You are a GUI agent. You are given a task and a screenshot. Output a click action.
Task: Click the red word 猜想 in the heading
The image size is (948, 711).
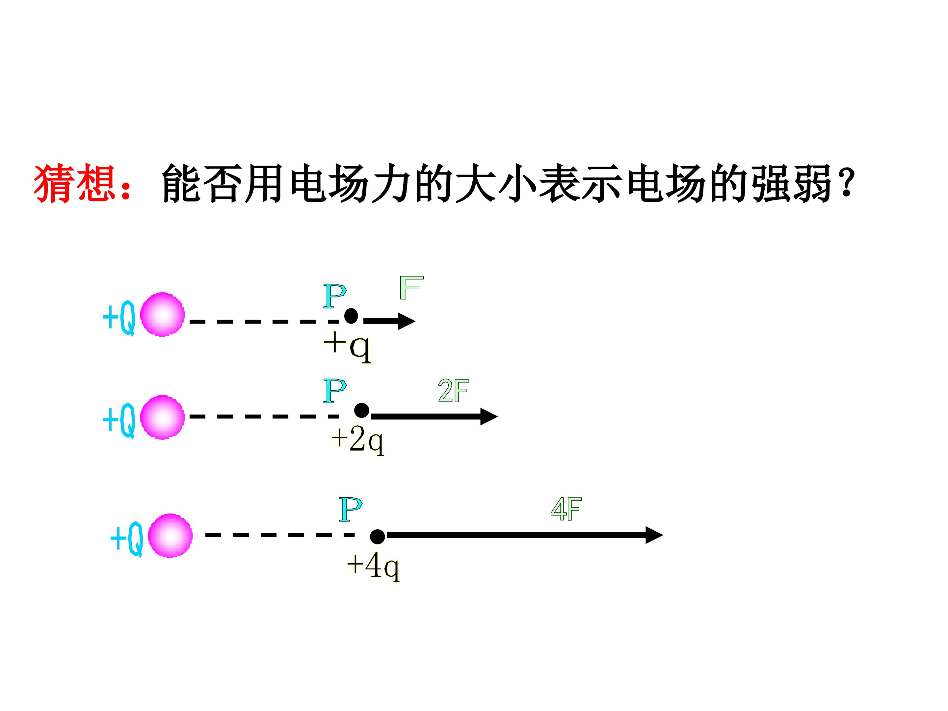coord(75,183)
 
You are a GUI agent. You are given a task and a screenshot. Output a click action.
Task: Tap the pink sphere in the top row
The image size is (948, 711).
coord(162,315)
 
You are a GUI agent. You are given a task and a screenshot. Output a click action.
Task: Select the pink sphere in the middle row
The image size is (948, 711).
coord(162,417)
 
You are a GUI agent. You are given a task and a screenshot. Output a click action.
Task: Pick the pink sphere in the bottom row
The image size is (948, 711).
coord(170,535)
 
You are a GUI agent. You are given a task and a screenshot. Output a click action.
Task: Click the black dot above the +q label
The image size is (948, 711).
coord(351,316)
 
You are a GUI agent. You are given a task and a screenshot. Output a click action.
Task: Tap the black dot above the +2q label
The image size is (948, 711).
coord(362,410)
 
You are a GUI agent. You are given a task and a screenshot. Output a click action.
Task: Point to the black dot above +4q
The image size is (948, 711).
coord(377,537)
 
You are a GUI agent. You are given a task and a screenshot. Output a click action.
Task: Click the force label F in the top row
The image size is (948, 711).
coord(411,288)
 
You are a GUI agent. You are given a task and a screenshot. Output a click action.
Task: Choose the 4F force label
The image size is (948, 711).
coord(566,509)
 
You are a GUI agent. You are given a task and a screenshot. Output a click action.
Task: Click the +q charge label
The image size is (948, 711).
coord(347,349)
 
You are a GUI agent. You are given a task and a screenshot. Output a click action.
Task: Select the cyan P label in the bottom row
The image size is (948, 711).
coord(351,509)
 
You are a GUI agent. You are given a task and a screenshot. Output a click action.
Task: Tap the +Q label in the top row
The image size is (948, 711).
coord(119,318)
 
